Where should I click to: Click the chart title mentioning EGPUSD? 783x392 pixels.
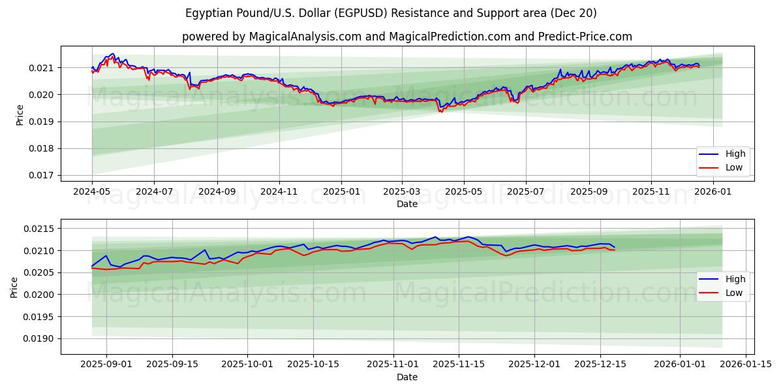click(x=391, y=13)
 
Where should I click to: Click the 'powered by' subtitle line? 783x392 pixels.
click(x=407, y=37)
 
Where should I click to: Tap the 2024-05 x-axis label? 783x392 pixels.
click(x=92, y=192)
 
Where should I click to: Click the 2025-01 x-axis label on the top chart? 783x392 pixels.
click(x=341, y=192)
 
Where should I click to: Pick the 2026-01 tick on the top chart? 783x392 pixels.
click(x=713, y=192)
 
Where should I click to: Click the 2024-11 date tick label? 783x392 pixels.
click(x=279, y=192)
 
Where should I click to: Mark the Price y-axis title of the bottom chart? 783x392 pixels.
click(x=14, y=287)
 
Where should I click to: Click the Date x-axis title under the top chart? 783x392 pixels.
click(x=407, y=204)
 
